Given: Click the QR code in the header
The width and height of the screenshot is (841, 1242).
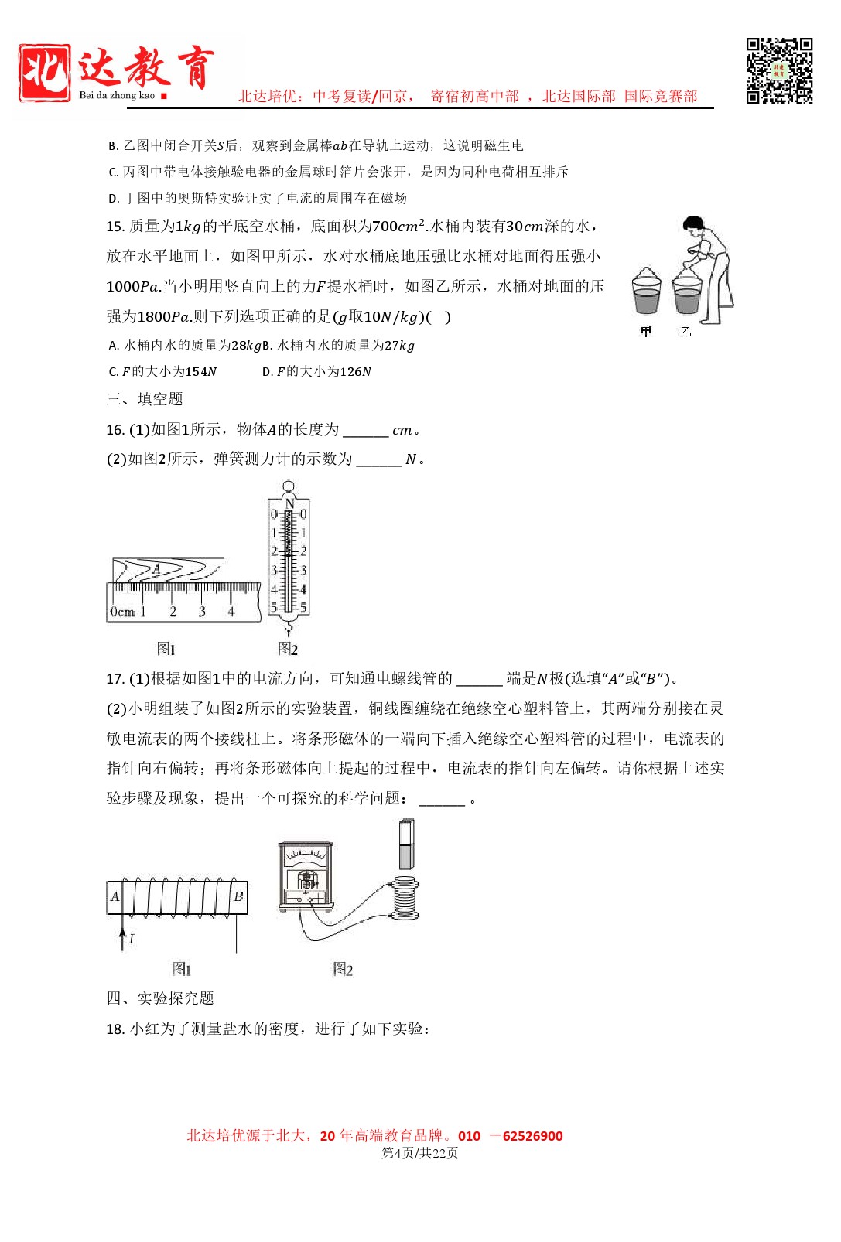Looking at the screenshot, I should [779, 70].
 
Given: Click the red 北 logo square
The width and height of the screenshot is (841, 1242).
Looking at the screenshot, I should [45, 73].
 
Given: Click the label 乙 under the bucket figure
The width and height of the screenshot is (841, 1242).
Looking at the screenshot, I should [685, 332].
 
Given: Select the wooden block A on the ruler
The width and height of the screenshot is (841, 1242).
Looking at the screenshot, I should [168, 570].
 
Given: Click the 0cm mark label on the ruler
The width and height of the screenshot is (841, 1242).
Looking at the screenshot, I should [121, 612].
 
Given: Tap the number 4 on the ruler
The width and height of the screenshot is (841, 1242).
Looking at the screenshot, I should [231, 612].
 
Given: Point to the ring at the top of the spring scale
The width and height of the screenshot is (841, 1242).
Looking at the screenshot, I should [289, 486].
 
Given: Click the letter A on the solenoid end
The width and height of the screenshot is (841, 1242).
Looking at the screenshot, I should [115, 896].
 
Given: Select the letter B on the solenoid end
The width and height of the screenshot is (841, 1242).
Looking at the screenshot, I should [238, 896].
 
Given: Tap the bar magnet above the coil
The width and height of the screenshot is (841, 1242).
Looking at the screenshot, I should [406, 844].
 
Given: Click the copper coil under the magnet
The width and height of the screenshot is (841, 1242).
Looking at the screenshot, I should [405, 898].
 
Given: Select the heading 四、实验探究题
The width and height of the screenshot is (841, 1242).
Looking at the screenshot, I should [160, 998].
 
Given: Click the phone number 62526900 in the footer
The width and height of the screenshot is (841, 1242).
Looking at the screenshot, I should [532, 1136].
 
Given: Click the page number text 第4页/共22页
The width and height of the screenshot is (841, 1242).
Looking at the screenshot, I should [420, 1153].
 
